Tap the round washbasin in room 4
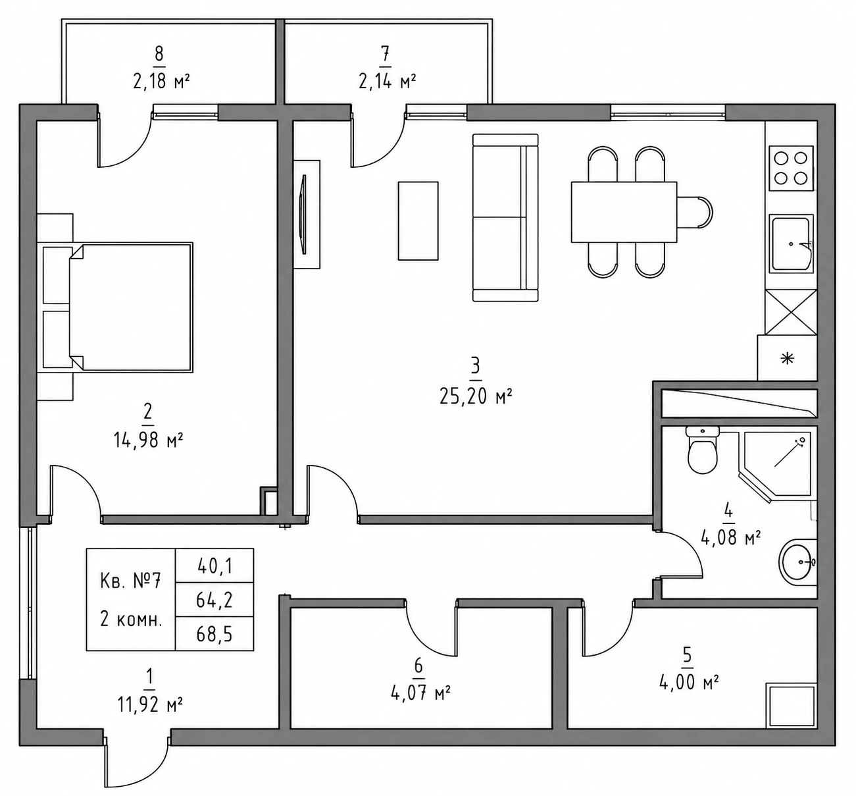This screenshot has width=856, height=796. pos(798,562)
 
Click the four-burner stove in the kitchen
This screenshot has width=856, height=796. pos(791,169)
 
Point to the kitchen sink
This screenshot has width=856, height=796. pos(791,244)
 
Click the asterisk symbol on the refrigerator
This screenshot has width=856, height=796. pos(788,359)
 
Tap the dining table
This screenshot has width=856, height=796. pos(624,212)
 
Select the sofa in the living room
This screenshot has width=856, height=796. pos(505,217)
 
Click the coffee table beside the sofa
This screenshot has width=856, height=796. pos(418,221)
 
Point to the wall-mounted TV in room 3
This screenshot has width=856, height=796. pos(304,215)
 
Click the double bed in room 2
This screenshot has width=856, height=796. pos(130,307)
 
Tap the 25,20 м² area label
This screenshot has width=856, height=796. pos(476,396)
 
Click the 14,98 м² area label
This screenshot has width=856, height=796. pos(148,440)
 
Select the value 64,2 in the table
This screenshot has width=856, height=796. pos(214,600)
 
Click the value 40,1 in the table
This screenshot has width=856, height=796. pos(214,566)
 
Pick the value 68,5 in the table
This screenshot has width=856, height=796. pos(214,634)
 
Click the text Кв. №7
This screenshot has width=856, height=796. pos(130,581)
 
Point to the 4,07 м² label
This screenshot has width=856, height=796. pos(420,694)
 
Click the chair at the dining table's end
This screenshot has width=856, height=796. pos(695,212)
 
